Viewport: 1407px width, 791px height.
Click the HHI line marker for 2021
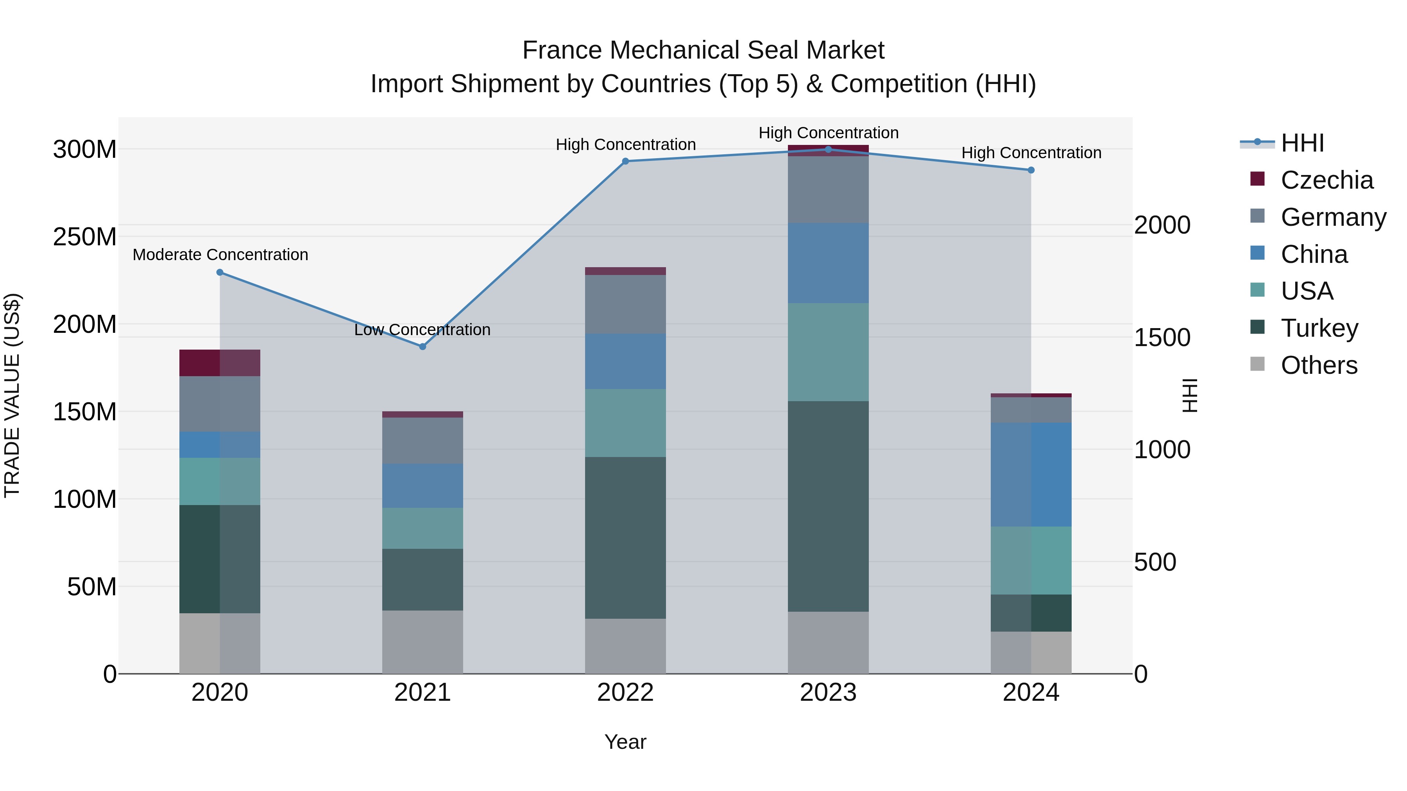pos(422,346)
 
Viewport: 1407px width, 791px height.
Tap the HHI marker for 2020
pos(220,272)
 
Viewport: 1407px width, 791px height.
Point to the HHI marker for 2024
pos(1031,170)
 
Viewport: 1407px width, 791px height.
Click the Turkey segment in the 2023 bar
pos(828,506)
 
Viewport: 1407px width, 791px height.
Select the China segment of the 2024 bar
pos(1031,474)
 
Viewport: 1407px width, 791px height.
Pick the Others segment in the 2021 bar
pos(422,641)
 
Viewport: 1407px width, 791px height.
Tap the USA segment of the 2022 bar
pos(625,423)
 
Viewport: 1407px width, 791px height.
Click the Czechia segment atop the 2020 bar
pos(220,363)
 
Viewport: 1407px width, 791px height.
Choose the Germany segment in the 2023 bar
pos(828,189)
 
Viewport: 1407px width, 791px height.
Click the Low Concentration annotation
pos(422,330)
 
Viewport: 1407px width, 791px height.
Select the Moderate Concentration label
pos(220,255)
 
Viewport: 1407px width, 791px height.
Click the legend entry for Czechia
pos(1326,180)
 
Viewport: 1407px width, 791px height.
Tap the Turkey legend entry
pos(1319,328)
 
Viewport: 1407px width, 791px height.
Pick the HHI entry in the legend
pos(1302,143)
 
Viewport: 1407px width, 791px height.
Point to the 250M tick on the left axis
pos(85,237)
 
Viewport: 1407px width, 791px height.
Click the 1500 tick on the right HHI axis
pos(1162,337)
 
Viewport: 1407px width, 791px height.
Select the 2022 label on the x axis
pos(625,693)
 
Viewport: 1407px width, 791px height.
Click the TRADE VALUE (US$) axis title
pos(12,395)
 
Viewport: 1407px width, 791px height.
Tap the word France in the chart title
pos(562,50)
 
